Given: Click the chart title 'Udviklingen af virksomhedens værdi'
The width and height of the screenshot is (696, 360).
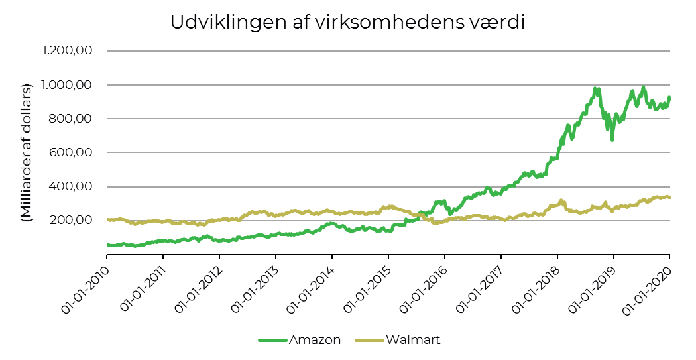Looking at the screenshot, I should tap(347, 22).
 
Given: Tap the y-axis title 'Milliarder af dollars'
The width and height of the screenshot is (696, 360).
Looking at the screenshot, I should tap(27, 152).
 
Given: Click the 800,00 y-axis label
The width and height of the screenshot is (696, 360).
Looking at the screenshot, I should tap(73, 119).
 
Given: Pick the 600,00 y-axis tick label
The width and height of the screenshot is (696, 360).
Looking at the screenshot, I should tap(73, 152).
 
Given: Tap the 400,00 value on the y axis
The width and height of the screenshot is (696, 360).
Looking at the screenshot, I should tap(73, 186).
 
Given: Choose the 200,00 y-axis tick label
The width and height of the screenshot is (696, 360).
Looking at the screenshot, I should tap(73, 220).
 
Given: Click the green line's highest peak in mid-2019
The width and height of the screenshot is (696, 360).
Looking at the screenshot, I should tap(643, 87).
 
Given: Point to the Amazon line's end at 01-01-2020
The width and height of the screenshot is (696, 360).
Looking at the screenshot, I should tap(669, 98).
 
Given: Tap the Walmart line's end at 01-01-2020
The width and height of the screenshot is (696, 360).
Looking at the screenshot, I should tap(669, 198).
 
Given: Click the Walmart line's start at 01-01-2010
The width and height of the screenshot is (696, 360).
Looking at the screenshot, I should tap(107, 219).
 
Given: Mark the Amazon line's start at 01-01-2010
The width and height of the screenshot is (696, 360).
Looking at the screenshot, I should tap(107, 245).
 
